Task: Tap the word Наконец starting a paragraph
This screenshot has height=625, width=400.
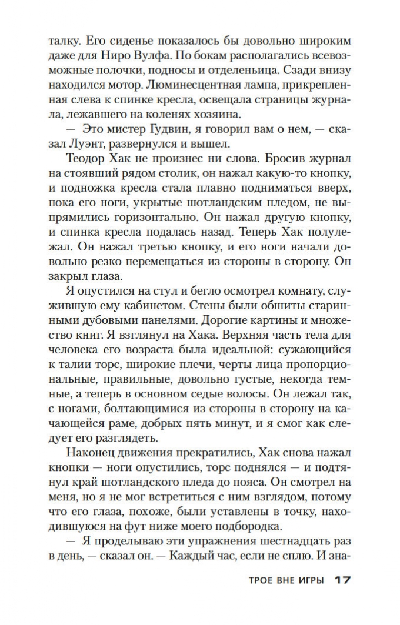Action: pyautogui.click(x=84, y=455)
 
